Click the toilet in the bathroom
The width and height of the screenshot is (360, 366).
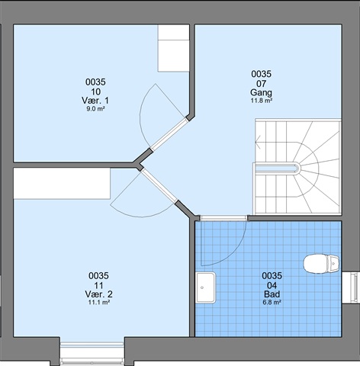(x=321, y=264)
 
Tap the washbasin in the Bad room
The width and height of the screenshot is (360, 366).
(x=206, y=287)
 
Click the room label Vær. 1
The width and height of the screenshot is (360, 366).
(x=95, y=101)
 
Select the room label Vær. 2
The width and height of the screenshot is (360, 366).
(x=98, y=294)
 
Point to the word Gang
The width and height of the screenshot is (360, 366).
(x=261, y=92)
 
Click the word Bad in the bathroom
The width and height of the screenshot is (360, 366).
(x=272, y=294)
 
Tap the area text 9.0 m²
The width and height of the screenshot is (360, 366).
(x=95, y=109)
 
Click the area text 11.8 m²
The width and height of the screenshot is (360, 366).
(x=262, y=101)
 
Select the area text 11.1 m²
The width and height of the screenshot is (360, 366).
(x=99, y=302)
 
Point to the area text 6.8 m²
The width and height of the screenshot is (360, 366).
(x=272, y=302)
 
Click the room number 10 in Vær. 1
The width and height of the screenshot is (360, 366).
(x=95, y=91)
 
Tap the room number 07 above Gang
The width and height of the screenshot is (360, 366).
(x=261, y=83)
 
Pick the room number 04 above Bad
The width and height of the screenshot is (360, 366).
(x=272, y=285)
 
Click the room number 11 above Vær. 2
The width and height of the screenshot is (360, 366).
(x=98, y=285)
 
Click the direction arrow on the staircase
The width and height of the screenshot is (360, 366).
(x=259, y=143)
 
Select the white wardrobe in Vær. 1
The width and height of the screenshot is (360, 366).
(x=174, y=48)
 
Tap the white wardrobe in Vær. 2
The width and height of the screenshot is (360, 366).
(x=62, y=183)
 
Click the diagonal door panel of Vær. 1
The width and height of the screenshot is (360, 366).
(x=169, y=134)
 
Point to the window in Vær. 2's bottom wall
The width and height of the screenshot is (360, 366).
(x=92, y=352)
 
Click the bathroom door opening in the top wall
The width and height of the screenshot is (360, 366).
(x=223, y=218)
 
